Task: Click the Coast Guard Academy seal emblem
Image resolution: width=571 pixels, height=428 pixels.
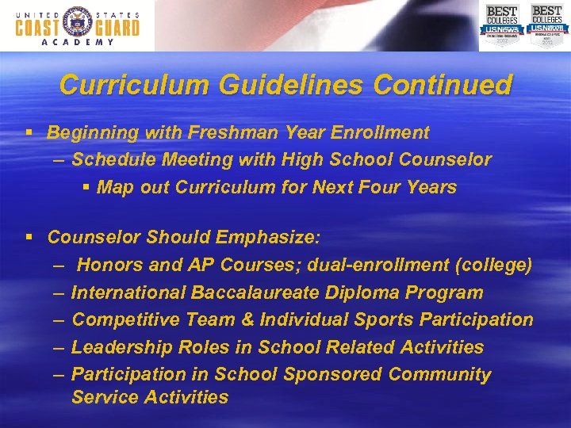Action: pos(77,25)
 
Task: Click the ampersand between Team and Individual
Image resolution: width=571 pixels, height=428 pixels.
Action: pos(251,320)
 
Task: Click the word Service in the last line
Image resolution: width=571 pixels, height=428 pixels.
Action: pos(103,397)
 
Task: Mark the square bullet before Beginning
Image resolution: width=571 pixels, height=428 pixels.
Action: pos(29,132)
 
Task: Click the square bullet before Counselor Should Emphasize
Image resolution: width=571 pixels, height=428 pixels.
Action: pos(29,237)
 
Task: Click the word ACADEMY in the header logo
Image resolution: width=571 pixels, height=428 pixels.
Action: pos(77,43)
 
